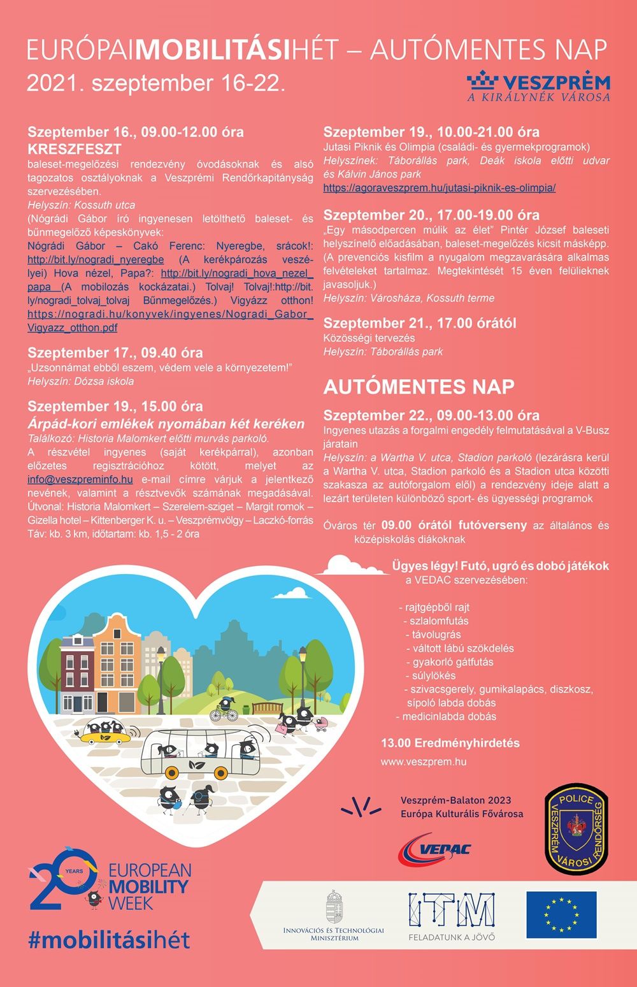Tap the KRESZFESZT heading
pyautogui.click(x=75, y=149)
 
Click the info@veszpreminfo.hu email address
pyautogui.click(x=80, y=479)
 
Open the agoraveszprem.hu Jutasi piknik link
pyautogui.click(x=439, y=187)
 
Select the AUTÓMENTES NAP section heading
pyautogui.click(x=419, y=387)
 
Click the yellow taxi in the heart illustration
pyautogui.click(x=106, y=734)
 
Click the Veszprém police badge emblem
pyautogui.click(x=576, y=828)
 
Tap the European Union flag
pyautogui.click(x=561, y=915)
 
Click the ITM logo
pyautogui.click(x=452, y=912)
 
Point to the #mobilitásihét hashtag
pyautogui.click(x=109, y=940)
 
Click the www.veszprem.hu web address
pyautogui.click(x=424, y=761)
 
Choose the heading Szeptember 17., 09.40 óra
pyautogui.click(x=115, y=352)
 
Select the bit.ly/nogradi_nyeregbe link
pyautogui.click(x=96, y=259)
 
